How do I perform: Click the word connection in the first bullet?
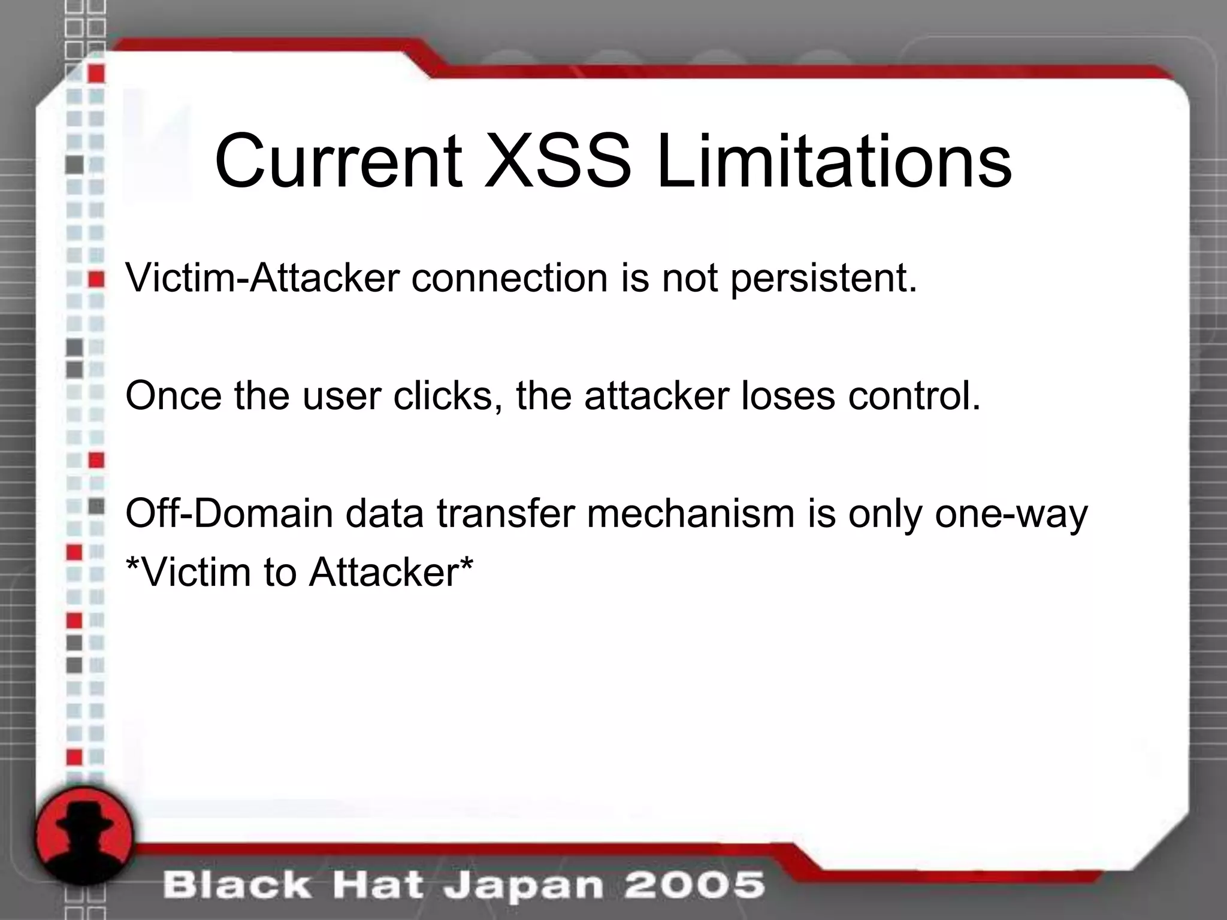tap(509, 278)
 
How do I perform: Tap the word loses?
tap(788, 396)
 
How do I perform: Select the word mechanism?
tap(690, 514)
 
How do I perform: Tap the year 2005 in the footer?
tap(694, 885)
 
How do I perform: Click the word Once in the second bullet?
tap(173, 396)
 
